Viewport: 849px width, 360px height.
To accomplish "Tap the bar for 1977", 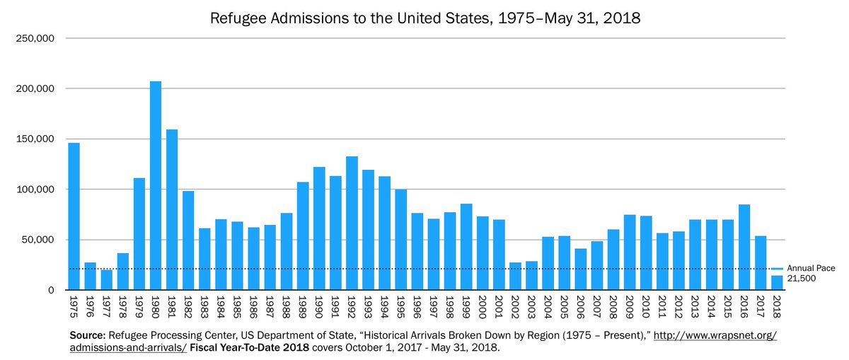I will point(106,280).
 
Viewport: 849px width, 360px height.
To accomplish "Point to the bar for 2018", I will point(777,283).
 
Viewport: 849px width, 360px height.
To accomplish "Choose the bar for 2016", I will point(744,247).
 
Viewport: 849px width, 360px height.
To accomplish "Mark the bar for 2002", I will point(515,277).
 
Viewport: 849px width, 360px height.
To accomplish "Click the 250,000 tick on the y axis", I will point(35,39).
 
